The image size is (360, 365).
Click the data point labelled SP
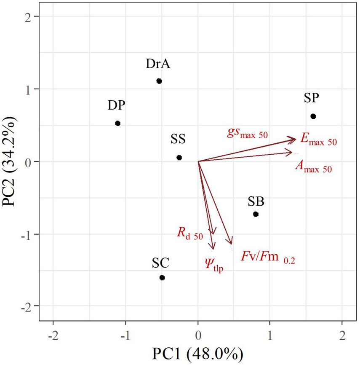pyautogui.click(x=313, y=116)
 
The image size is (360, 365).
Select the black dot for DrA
pyautogui.click(x=159, y=81)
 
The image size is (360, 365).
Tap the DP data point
pyautogui.click(x=118, y=123)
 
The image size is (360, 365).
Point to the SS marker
pyautogui.click(x=179, y=158)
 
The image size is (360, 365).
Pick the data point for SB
pyautogui.click(x=256, y=214)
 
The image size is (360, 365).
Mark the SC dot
pyautogui.click(x=162, y=278)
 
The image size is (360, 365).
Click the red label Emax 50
pyautogui.click(x=318, y=140)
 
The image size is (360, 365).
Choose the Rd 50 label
pyautogui.click(x=190, y=233)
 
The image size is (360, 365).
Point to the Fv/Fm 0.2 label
pyautogui.click(x=268, y=257)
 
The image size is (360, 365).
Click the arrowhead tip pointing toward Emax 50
pyautogui.click(x=297, y=138)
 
